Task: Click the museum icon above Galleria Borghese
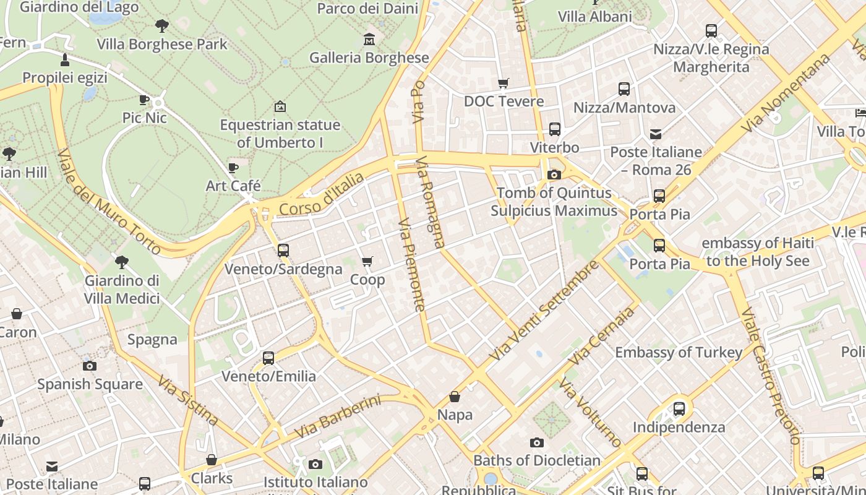pos(369,39)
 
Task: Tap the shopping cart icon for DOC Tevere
pos(504,83)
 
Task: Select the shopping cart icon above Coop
pos(367,262)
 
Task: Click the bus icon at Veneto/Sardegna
pos(283,251)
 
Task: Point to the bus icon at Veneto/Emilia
pos(268,358)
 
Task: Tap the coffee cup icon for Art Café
pos(233,168)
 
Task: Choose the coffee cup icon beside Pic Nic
pos(144,100)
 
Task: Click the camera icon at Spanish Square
pos(90,366)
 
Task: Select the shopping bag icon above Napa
pos(455,397)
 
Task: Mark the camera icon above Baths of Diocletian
pos(537,442)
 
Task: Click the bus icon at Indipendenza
pos(679,409)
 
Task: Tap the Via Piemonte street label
pos(412,264)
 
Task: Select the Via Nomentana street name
pos(787,93)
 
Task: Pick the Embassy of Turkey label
pos(679,353)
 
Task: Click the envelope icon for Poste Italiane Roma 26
pos(656,134)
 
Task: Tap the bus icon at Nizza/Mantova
pos(624,89)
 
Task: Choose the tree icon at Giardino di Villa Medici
pos(122,262)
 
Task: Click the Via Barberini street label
pos(338,417)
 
